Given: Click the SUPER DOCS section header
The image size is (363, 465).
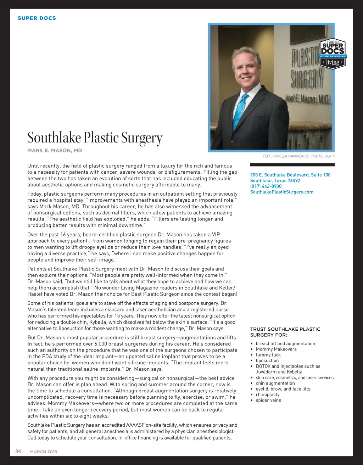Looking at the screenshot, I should (37, 18).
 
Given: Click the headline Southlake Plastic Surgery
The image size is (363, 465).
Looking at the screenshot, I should (95, 138).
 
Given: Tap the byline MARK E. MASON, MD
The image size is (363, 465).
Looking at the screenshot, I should (55, 151).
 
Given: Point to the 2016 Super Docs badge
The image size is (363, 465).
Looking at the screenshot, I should (333, 54).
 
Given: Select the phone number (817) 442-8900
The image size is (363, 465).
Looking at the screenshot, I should (266, 186).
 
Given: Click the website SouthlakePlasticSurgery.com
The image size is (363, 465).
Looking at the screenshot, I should (282, 192).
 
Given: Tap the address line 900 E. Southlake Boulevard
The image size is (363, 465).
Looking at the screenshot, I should (290, 175).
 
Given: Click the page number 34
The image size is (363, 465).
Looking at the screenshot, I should (18, 451).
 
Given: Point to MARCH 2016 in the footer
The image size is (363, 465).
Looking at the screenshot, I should (44, 452).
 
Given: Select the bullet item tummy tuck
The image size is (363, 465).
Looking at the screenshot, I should (268, 355).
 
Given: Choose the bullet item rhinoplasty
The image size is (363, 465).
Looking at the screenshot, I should (268, 394).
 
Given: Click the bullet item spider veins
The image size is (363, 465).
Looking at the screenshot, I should (268, 400).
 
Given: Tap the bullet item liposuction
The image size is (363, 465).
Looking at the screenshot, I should (267, 360).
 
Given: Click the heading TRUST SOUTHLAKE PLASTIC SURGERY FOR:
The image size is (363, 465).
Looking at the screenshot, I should (285, 332).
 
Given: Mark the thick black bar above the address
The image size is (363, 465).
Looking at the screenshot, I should (292, 164).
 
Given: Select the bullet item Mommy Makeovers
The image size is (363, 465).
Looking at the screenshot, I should (276, 349).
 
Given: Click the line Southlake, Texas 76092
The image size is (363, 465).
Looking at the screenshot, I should (275, 180).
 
